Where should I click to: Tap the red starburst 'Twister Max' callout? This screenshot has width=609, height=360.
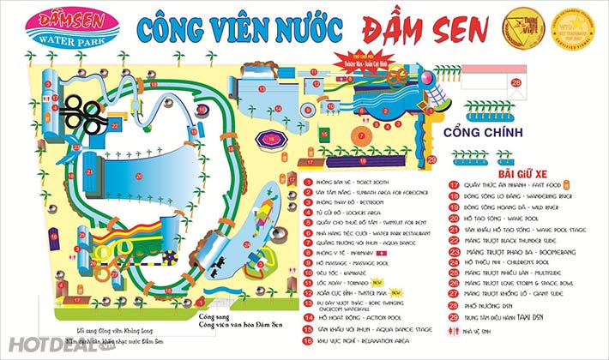tap(353, 65)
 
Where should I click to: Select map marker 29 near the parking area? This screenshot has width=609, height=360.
tap(433, 159)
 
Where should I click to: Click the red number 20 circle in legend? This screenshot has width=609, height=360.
tap(454, 219)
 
